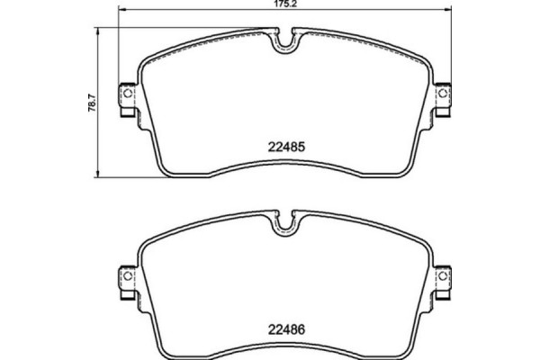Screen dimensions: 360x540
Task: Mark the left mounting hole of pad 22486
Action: click(127, 278)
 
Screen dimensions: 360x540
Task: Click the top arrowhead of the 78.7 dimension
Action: click(98, 30)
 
